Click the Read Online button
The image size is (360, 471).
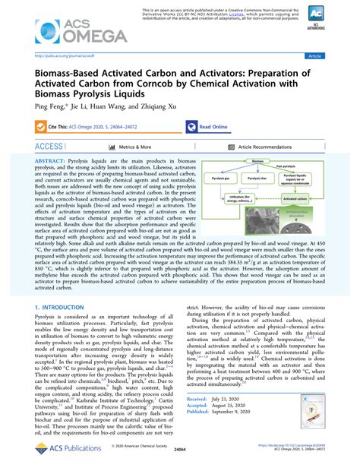pyautogui.click(x=209, y=127)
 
